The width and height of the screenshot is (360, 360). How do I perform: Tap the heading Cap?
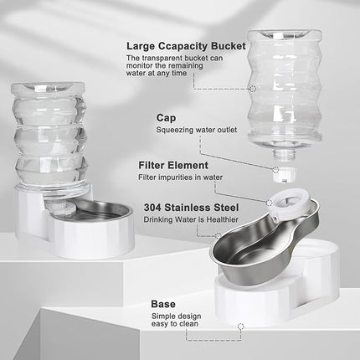pos(164,118)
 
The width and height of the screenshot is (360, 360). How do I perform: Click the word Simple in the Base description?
pos(165,317)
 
